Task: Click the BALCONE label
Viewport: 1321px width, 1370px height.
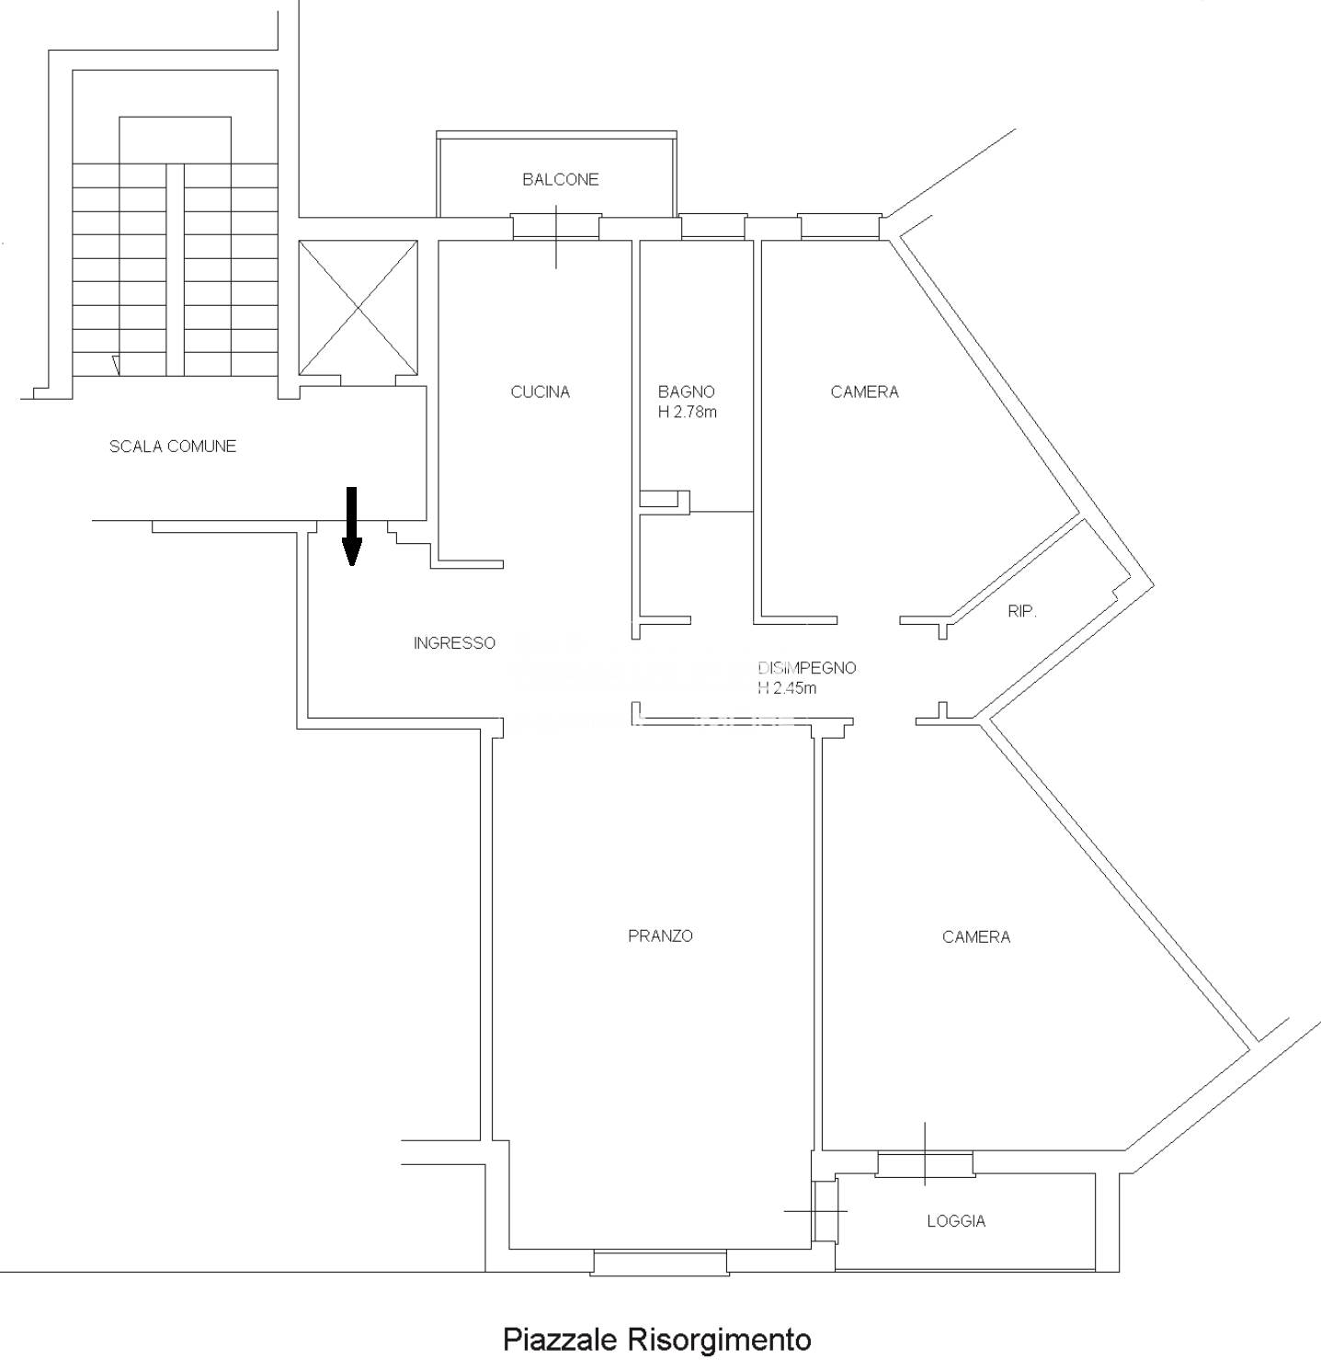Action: (560, 179)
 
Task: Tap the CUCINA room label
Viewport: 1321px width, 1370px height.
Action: (540, 391)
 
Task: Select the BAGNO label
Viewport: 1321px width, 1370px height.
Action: (686, 391)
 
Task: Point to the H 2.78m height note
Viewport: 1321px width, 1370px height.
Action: (687, 412)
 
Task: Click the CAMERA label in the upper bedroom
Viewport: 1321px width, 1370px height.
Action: (864, 391)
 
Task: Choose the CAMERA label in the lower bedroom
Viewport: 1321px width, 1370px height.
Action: (975, 936)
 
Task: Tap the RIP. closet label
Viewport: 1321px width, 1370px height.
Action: (1021, 611)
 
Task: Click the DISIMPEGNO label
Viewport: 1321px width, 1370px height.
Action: (807, 668)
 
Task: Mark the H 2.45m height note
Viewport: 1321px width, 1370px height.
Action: (787, 687)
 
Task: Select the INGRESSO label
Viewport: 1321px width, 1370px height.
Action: (454, 643)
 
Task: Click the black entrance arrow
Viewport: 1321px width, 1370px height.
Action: (351, 526)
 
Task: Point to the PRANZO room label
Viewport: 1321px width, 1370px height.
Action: (660, 935)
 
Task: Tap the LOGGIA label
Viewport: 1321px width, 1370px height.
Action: (956, 1221)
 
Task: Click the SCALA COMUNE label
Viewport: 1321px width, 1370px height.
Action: (173, 447)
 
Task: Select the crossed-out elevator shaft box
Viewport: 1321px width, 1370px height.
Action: (359, 308)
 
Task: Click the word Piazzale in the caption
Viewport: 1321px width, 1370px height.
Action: (559, 1339)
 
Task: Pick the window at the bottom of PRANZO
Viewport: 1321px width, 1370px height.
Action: (660, 1262)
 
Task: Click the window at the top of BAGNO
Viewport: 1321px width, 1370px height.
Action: (712, 226)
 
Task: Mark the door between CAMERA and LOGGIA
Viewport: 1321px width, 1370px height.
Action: (925, 1163)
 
